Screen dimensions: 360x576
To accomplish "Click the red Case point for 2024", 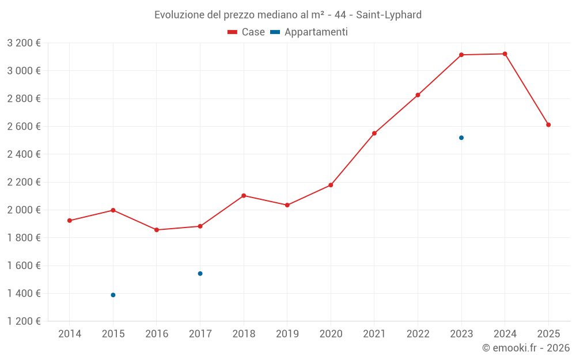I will (505, 54).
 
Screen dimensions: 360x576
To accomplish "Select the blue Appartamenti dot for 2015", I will (113, 295).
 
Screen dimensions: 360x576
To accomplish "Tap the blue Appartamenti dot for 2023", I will (461, 138).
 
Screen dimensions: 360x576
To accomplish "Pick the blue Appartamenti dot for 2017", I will (200, 274).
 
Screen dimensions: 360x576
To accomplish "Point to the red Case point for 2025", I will (548, 125).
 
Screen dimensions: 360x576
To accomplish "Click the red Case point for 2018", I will (244, 196).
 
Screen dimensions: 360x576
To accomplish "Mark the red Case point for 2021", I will (374, 133).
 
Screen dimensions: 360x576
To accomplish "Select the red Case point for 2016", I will (157, 230).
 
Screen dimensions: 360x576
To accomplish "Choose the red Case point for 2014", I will (70, 221).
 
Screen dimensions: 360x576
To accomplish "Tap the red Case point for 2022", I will (418, 95).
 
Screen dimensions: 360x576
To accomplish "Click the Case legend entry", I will (246, 32).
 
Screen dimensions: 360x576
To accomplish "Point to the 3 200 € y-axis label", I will (24, 43).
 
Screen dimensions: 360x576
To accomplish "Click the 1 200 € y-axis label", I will (24, 321).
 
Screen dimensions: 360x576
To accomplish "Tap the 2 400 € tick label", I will (24, 154).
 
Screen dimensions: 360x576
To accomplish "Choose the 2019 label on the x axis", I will (287, 334).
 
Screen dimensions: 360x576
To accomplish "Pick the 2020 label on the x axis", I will (331, 334).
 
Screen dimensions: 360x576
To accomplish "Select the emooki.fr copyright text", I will (525, 348).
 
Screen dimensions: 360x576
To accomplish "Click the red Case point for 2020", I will (331, 185).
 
